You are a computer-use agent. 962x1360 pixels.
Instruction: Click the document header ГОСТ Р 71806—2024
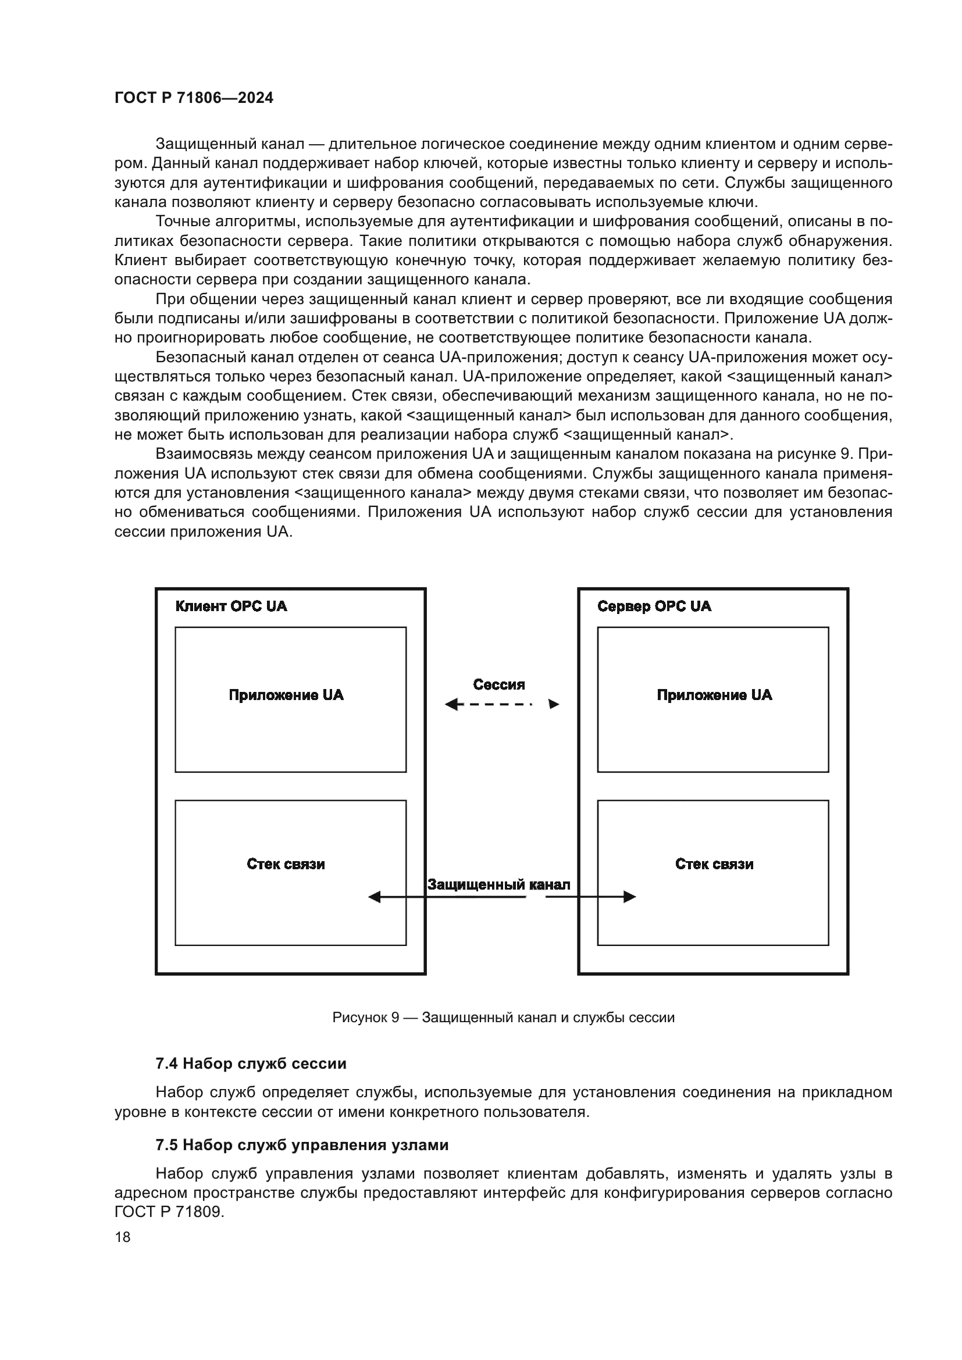click(x=194, y=98)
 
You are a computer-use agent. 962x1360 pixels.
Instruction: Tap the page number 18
click(x=123, y=1237)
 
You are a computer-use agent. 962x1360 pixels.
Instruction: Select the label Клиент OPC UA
click(x=231, y=606)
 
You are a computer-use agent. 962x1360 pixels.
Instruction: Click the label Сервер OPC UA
click(x=654, y=606)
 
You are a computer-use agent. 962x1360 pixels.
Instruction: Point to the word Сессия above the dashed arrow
click(x=499, y=685)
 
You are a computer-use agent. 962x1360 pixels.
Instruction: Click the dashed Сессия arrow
click(x=501, y=704)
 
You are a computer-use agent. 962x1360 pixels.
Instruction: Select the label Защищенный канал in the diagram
click(x=499, y=885)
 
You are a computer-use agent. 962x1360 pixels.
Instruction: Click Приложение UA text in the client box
click(x=286, y=695)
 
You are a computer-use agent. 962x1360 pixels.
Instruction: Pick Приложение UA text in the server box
click(x=714, y=695)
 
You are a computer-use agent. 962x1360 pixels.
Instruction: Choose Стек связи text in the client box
click(x=286, y=864)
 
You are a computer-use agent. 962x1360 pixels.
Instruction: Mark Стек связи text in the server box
click(x=714, y=864)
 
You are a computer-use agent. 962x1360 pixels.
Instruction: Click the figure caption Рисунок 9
click(x=504, y=1018)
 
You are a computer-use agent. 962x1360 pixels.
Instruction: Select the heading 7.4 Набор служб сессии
click(x=251, y=1064)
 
